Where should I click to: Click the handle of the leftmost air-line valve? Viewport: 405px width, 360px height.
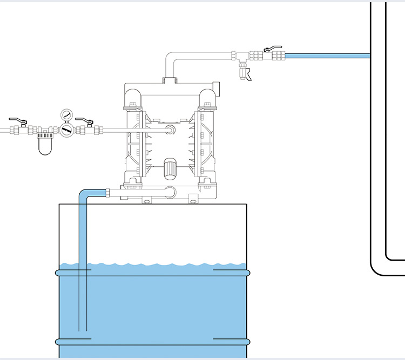tap(19, 120)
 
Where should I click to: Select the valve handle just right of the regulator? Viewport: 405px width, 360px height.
tap(85, 120)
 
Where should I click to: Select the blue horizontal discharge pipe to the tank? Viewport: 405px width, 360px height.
tap(327, 55)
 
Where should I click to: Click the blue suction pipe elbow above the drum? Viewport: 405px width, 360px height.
tap(85, 193)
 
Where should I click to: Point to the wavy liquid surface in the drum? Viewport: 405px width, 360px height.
tap(157, 266)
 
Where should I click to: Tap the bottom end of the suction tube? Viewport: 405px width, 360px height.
tap(83, 329)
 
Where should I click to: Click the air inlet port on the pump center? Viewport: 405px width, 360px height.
tap(171, 130)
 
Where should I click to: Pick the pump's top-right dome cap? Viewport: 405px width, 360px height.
tap(208, 98)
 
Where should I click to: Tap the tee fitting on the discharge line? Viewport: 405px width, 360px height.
tap(242, 56)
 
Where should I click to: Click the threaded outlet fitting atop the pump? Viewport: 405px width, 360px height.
tap(170, 81)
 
